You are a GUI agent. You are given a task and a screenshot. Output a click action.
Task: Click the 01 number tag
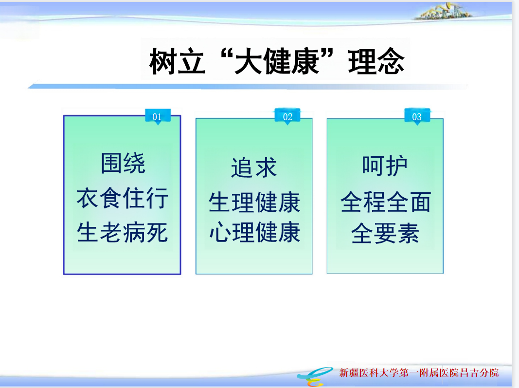[158, 116]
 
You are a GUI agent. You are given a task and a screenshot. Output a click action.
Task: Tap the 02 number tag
[287, 116]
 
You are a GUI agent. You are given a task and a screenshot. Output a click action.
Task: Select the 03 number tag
[417, 116]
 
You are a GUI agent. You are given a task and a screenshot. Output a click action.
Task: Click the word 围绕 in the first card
[123, 163]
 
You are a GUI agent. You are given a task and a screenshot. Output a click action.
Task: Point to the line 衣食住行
[123, 198]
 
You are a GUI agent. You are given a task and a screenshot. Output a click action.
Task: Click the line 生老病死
[123, 232]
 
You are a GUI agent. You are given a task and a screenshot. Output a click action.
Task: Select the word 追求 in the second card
[254, 167]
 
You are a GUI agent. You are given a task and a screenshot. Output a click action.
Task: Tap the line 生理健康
[254, 202]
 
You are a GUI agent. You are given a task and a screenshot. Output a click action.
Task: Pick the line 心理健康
[254, 232]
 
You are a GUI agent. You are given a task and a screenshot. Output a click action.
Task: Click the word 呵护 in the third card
[385, 166]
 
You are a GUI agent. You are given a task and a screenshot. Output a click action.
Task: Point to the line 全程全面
[385, 202]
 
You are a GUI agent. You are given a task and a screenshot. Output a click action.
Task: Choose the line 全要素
[385, 233]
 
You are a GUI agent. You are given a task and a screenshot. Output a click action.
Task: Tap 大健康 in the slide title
[276, 61]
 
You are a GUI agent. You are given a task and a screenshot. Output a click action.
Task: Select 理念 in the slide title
[376, 61]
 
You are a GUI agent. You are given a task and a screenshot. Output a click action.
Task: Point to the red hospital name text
[419, 373]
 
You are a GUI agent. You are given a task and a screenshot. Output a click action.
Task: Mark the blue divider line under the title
[248, 87]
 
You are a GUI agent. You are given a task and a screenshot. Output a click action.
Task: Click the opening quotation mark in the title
[225, 53]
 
